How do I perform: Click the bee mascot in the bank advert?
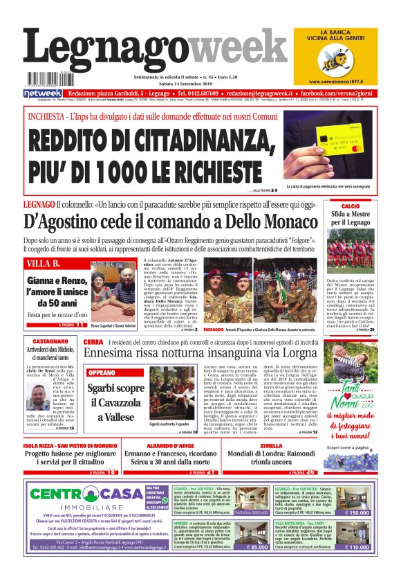pyautogui.click(x=346, y=61)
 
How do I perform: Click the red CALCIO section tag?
pyautogui.click(x=350, y=206)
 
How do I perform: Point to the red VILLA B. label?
pyautogui.click(x=44, y=263)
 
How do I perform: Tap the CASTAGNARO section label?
pyautogui.click(x=50, y=341)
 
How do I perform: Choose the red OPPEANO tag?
pyautogui.click(x=102, y=373)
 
